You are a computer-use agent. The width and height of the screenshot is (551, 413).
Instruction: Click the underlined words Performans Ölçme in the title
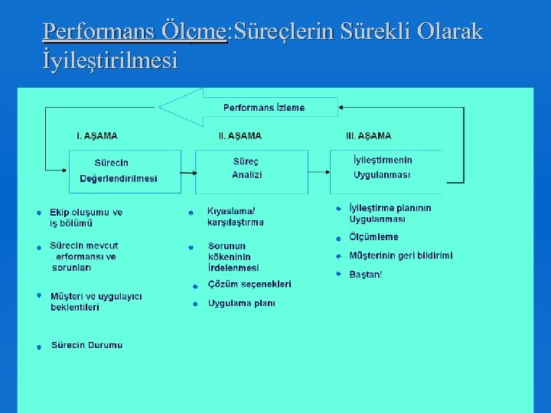click(135, 32)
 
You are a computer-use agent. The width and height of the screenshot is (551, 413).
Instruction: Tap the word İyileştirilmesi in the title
click(110, 60)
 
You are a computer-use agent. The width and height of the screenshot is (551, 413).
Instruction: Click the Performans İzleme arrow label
click(263, 108)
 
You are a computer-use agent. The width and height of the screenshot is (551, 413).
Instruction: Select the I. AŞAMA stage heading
click(97, 136)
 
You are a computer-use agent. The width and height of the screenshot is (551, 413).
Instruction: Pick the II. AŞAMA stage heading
click(240, 136)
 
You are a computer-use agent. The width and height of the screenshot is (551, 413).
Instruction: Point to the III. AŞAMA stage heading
click(368, 136)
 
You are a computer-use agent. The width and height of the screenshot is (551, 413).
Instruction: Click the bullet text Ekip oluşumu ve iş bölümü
click(86, 218)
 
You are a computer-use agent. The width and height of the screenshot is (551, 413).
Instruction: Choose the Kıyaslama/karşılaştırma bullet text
click(236, 217)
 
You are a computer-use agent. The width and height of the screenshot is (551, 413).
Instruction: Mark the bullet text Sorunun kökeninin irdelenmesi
click(233, 257)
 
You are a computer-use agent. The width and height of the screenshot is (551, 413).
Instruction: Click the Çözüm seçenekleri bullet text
click(249, 285)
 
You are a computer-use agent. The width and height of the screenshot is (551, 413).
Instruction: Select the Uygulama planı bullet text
click(242, 304)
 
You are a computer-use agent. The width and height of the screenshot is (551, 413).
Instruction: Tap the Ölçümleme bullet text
click(373, 237)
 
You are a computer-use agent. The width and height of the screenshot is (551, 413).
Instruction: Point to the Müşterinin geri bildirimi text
click(400, 255)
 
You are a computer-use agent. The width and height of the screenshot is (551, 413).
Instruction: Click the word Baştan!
click(365, 275)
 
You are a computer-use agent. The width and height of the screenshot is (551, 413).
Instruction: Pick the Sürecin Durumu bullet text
click(86, 346)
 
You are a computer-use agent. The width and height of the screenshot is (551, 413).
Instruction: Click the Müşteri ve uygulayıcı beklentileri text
click(96, 301)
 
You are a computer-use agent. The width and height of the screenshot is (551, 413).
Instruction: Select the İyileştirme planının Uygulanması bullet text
click(390, 213)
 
